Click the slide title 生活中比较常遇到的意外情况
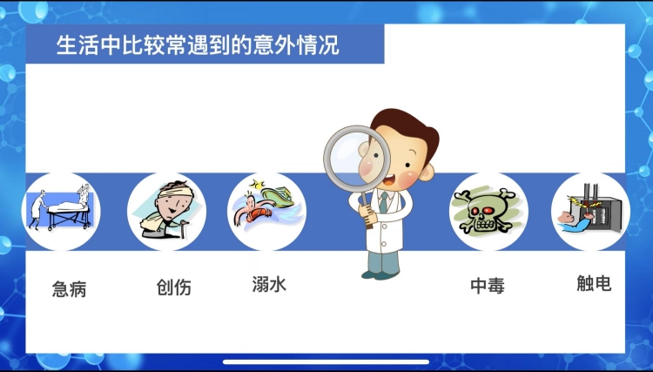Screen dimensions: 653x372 (198, 45)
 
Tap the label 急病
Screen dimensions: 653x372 (69, 288)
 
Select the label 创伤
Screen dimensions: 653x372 (173, 287)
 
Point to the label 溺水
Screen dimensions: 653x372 (269, 284)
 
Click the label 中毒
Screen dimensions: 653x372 (488, 286)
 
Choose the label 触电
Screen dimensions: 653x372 (594, 283)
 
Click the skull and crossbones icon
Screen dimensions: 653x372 (486, 211)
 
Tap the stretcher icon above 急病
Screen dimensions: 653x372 (61, 208)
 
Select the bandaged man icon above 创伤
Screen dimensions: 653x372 (167, 210)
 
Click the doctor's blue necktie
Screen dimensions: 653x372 (384, 202)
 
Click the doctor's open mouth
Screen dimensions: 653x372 (388, 180)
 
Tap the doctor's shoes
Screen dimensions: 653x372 (380, 275)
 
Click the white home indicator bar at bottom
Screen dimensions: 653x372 (326, 362)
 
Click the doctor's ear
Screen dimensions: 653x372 (426, 172)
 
